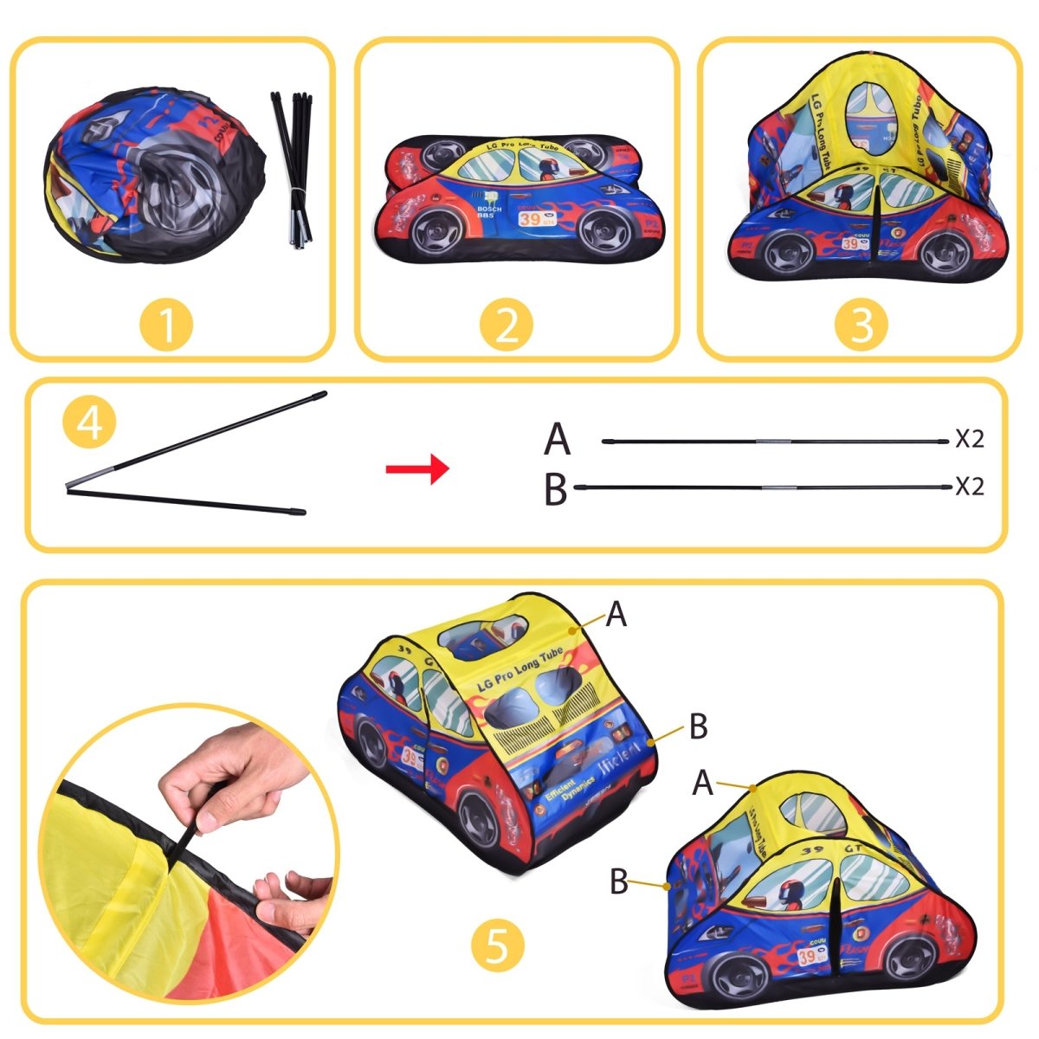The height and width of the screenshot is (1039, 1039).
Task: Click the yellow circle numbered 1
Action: click(167, 326)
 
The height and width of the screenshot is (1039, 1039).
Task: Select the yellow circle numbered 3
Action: click(861, 326)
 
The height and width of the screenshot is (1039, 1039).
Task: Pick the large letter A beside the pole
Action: click(558, 440)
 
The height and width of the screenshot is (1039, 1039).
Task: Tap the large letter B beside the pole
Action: click(556, 489)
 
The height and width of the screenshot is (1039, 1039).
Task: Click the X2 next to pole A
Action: click(970, 440)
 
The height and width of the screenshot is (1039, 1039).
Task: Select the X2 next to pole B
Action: click(970, 487)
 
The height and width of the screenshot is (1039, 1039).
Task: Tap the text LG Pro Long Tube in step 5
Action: click(519, 669)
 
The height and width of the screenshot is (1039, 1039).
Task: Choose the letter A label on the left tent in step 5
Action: click(616, 615)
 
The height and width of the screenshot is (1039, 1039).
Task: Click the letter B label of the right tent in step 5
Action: click(618, 881)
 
